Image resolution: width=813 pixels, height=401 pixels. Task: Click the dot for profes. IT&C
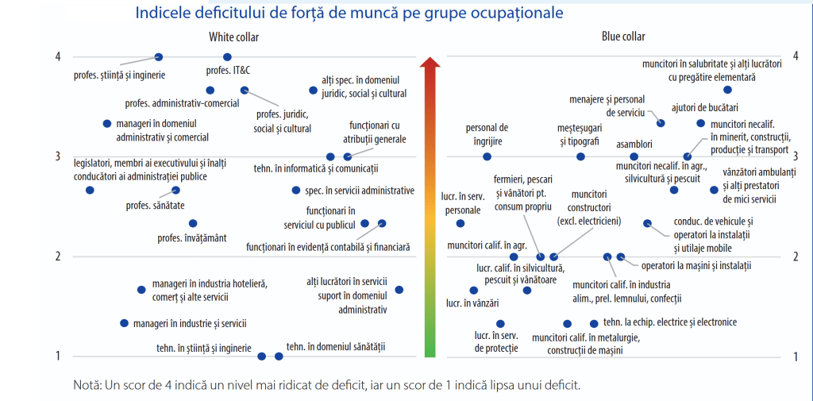coord(227,57)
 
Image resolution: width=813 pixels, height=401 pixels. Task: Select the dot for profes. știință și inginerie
coord(159,57)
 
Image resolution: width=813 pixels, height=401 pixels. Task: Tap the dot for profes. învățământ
coord(193,224)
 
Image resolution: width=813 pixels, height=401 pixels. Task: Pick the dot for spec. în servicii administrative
coord(296,191)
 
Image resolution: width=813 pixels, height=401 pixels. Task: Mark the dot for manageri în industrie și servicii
coord(124,323)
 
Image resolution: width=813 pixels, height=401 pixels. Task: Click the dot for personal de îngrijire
coord(487,156)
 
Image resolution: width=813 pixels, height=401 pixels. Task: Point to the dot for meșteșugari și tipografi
coord(580,156)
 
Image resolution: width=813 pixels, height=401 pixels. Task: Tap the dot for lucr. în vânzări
coord(474,291)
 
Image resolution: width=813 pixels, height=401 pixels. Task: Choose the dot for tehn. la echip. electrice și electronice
coord(594,323)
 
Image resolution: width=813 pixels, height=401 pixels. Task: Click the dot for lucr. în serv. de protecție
coord(500,323)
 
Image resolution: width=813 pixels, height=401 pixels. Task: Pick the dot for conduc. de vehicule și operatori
coord(647,224)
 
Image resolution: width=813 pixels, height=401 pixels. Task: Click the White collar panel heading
coord(233,37)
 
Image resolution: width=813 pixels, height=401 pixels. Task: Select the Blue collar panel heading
coord(623,37)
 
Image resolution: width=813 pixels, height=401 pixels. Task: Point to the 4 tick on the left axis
coord(58,56)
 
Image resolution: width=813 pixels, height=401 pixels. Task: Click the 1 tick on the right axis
coord(796,357)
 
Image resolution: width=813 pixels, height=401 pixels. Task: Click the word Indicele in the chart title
coord(162,13)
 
